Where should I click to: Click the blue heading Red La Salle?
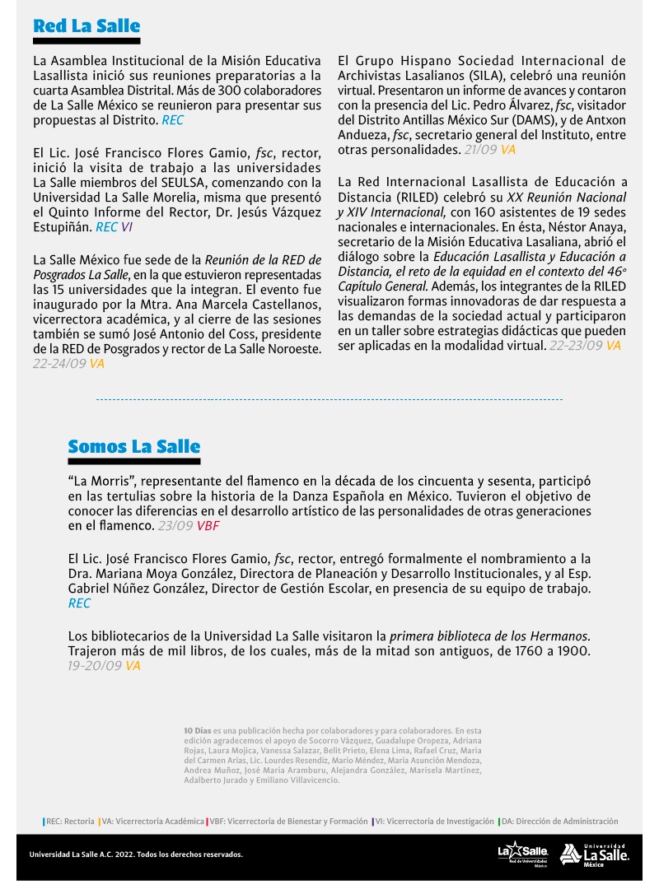click(x=86, y=26)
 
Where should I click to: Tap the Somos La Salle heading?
click(x=134, y=447)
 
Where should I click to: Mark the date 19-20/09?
click(x=95, y=665)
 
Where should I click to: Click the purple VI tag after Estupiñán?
click(x=127, y=226)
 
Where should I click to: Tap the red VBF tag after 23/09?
click(x=208, y=525)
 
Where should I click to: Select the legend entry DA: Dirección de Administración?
click(x=560, y=821)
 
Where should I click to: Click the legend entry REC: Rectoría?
click(x=70, y=821)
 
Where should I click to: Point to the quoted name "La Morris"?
click(x=99, y=481)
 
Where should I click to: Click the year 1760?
click(x=507, y=651)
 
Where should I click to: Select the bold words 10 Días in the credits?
click(x=199, y=730)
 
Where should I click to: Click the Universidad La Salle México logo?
click(x=595, y=854)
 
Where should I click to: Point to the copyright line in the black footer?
click(x=136, y=854)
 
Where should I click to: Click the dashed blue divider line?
click(x=329, y=399)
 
